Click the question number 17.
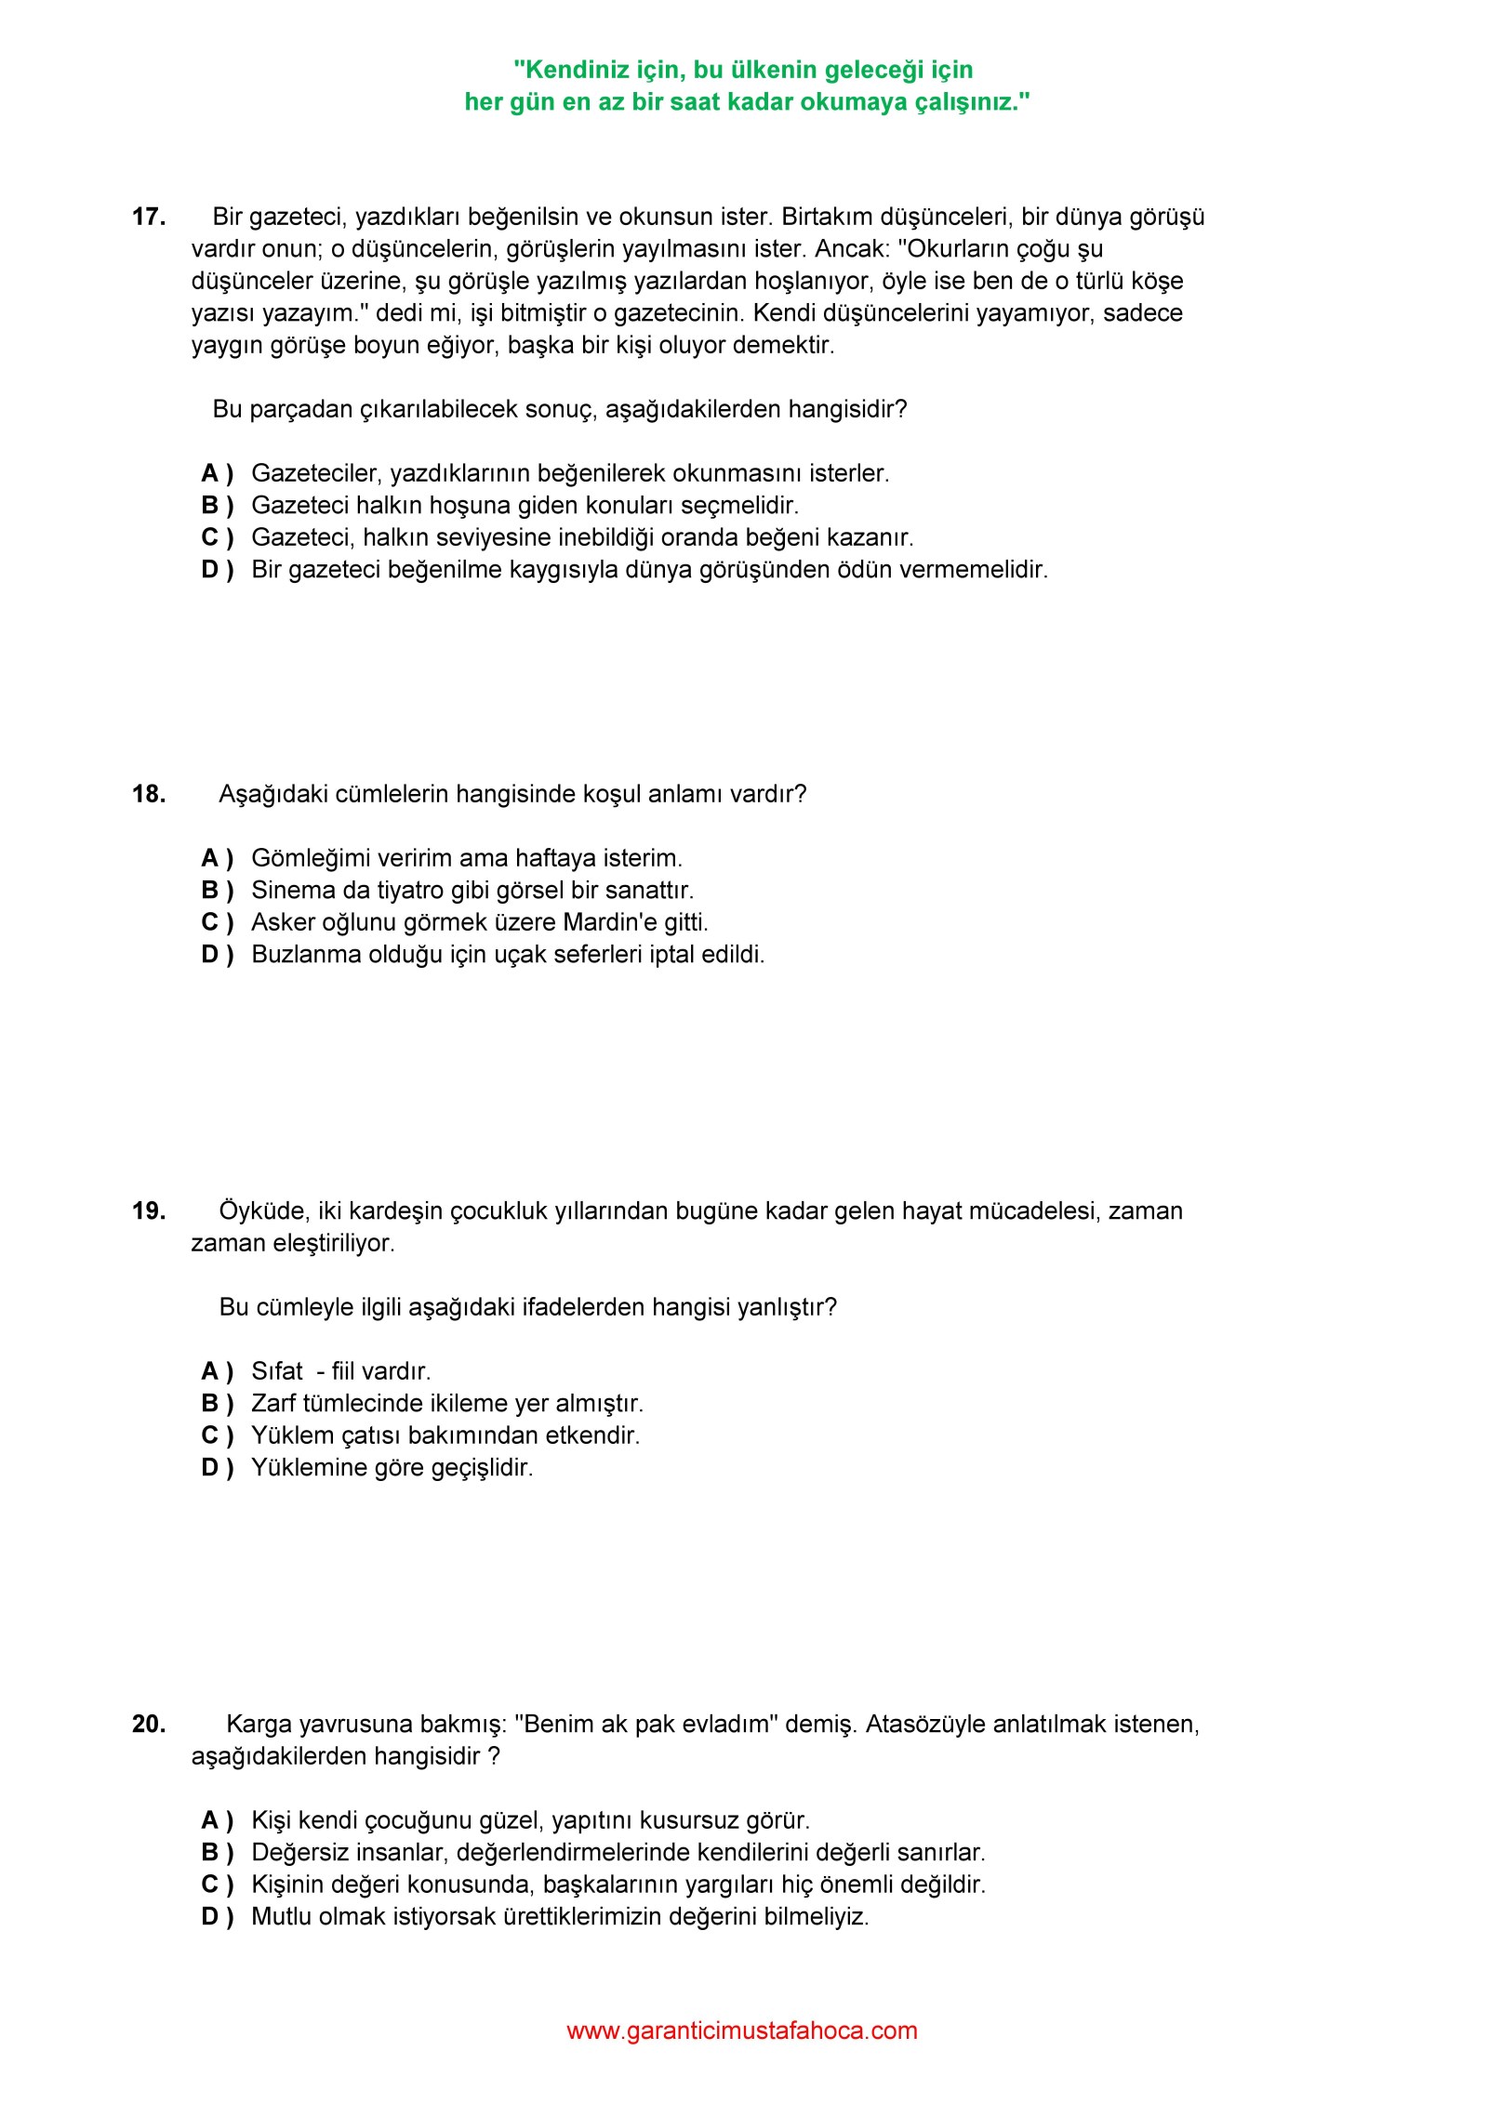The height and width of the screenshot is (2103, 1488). [149, 218]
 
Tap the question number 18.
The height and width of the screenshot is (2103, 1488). [149, 794]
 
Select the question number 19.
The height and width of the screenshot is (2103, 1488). [149, 1210]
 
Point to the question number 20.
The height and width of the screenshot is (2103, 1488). [149, 1724]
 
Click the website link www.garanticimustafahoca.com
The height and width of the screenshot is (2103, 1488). [741, 2030]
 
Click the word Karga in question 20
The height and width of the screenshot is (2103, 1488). [258, 1725]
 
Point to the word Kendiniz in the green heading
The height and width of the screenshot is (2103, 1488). [572, 70]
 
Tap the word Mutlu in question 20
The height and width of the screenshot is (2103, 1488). [283, 1916]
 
